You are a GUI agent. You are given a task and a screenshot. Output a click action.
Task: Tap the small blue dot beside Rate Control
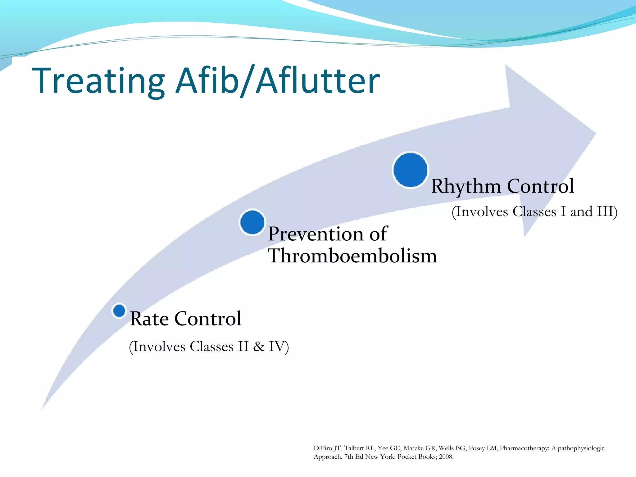click(x=119, y=311)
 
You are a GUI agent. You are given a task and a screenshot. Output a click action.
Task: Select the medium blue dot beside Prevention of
click(x=252, y=222)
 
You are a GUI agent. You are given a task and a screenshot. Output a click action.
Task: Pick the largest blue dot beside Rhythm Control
click(x=410, y=170)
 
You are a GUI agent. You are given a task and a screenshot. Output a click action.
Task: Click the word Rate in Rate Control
click(x=149, y=319)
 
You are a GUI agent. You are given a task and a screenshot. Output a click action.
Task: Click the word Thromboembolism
click(x=352, y=256)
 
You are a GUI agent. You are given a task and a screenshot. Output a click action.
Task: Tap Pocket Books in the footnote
click(x=417, y=457)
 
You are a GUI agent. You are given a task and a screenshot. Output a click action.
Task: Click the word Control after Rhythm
click(x=540, y=186)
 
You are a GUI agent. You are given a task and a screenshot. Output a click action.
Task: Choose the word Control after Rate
click(x=208, y=319)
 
